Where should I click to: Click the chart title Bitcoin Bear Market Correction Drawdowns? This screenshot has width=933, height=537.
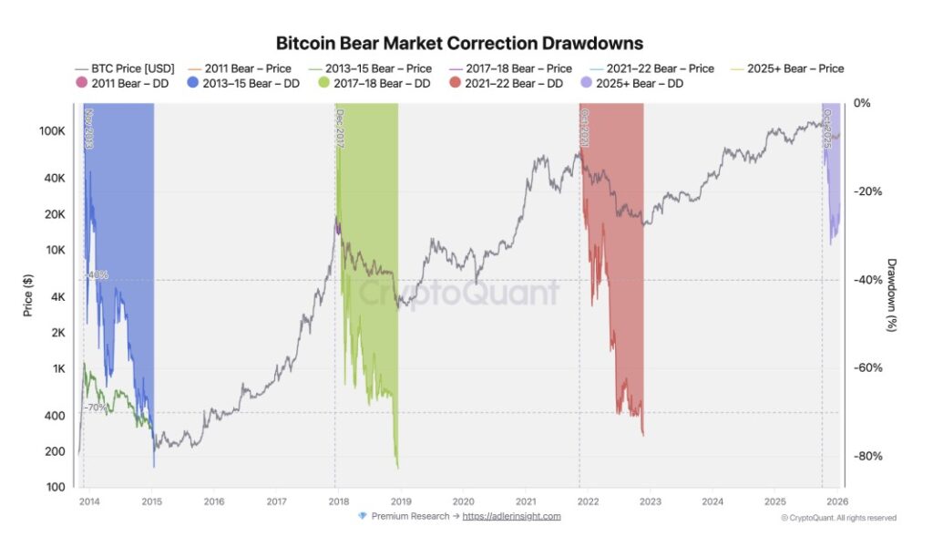click(x=459, y=44)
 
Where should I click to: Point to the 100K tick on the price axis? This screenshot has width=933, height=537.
click(x=51, y=131)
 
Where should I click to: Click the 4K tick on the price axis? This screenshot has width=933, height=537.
click(x=56, y=296)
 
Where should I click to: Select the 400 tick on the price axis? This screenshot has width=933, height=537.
click(x=55, y=416)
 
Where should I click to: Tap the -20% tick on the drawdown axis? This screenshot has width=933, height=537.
click(x=866, y=191)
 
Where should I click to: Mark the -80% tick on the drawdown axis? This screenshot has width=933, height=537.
click(x=866, y=456)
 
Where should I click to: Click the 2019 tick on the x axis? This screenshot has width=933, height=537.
click(x=401, y=501)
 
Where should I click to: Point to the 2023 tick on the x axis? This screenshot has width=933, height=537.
click(x=651, y=501)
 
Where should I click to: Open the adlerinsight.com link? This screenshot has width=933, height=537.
click(x=511, y=516)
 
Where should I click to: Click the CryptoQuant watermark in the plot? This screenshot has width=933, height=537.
click(x=457, y=294)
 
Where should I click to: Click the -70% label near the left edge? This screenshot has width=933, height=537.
click(x=97, y=408)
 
